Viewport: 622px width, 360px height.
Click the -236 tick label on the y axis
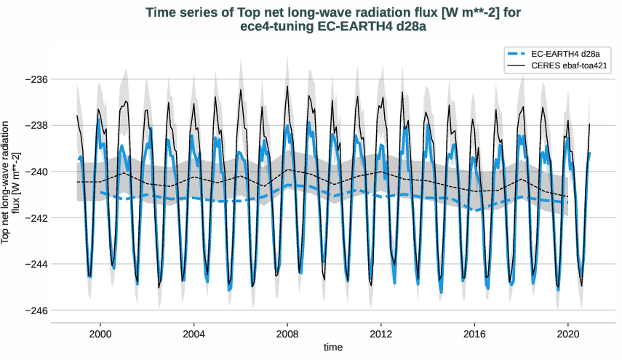[35, 79]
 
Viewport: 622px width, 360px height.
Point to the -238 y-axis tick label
[35, 125]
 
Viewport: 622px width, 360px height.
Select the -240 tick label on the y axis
[35, 172]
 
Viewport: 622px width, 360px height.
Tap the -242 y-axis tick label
[35, 218]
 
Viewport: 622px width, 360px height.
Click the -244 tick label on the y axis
[35, 264]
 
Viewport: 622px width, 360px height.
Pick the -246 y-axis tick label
[35, 311]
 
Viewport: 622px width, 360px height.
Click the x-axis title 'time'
[333, 348]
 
